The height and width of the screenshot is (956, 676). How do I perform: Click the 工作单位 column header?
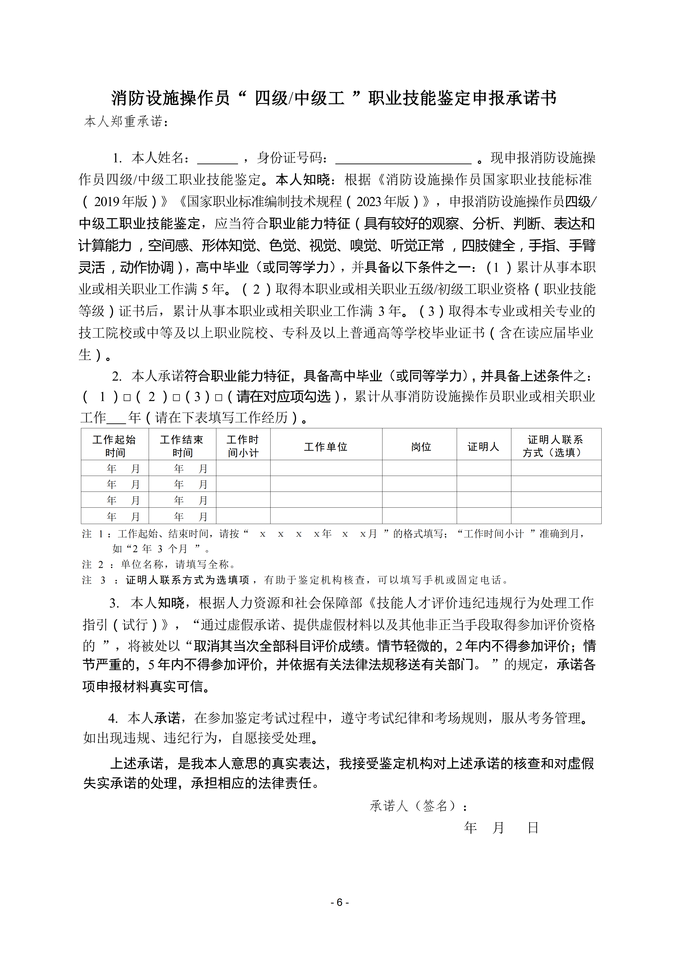coord(326,447)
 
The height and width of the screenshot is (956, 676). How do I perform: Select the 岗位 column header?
coord(421,447)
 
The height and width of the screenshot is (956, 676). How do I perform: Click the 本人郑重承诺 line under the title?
coord(126,122)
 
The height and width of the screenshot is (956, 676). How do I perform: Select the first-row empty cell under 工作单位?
coord(326,468)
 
